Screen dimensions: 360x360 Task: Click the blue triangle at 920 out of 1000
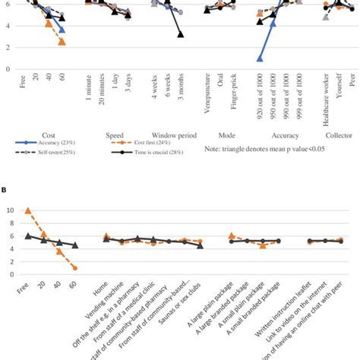pos(260,58)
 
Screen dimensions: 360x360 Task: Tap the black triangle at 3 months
pos(181,34)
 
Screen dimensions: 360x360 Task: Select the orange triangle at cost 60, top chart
pos(62,42)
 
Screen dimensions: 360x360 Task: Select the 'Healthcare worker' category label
pos(326,98)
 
